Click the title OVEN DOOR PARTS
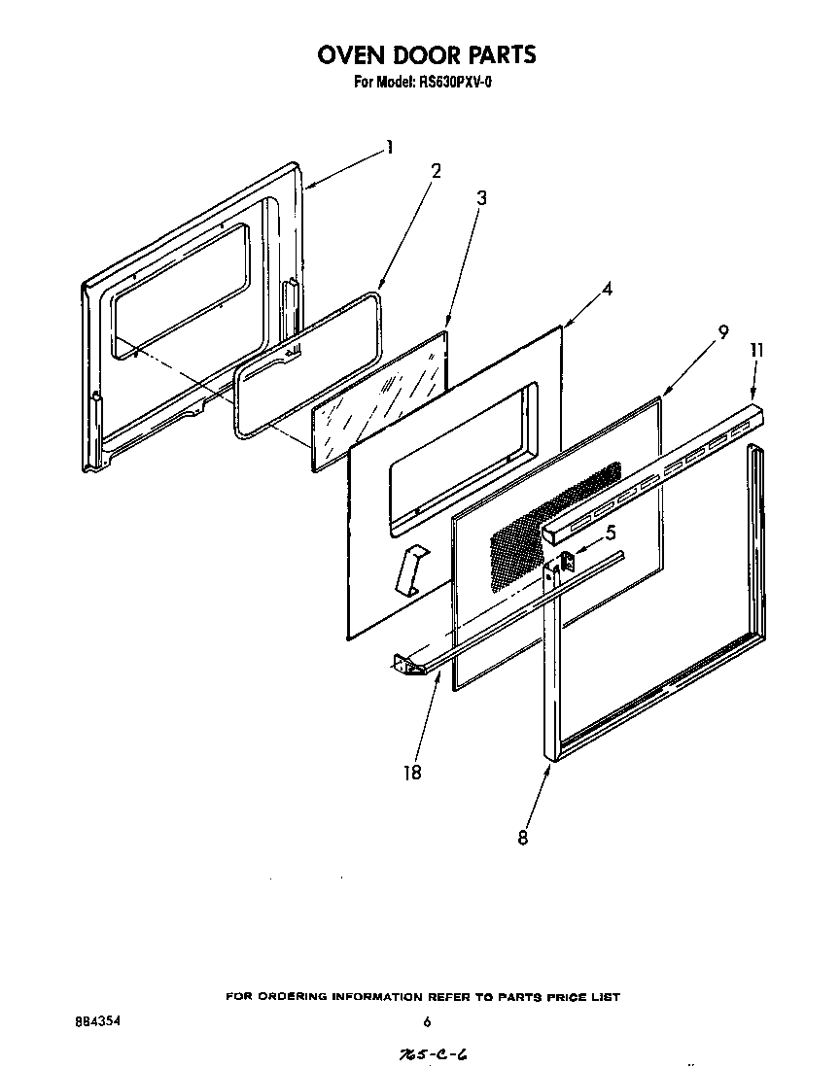click(x=426, y=54)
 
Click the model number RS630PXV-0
click(x=449, y=83)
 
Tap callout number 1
click(x=389, y=148)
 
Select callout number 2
click(x=436, y=171)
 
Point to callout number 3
click(x=481, y=198)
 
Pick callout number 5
click(x=610, y=533)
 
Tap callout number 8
click(x=523, y=838)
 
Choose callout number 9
click(x=722, y=331)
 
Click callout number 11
click(x=756, y=350)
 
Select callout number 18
click(x=411, y=773)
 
